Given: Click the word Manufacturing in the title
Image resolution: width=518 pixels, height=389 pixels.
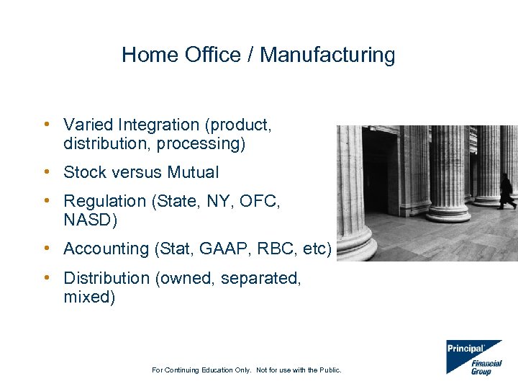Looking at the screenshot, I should tap(327, 55).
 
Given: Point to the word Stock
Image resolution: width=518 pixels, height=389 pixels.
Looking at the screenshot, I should tap(83, 172).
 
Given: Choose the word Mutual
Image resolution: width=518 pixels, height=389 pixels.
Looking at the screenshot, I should tap(193, 172).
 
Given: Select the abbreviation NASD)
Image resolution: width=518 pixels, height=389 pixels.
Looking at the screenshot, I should tap(89, 220).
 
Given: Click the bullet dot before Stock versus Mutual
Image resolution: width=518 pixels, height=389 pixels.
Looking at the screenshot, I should tap(45, 171).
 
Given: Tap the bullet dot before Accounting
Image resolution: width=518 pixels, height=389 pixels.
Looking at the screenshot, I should tap(45, 248).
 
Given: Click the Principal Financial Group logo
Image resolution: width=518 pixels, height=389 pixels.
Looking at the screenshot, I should tap(473, 357).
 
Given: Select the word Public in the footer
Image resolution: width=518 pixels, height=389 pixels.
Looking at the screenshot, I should tap(328, 370).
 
